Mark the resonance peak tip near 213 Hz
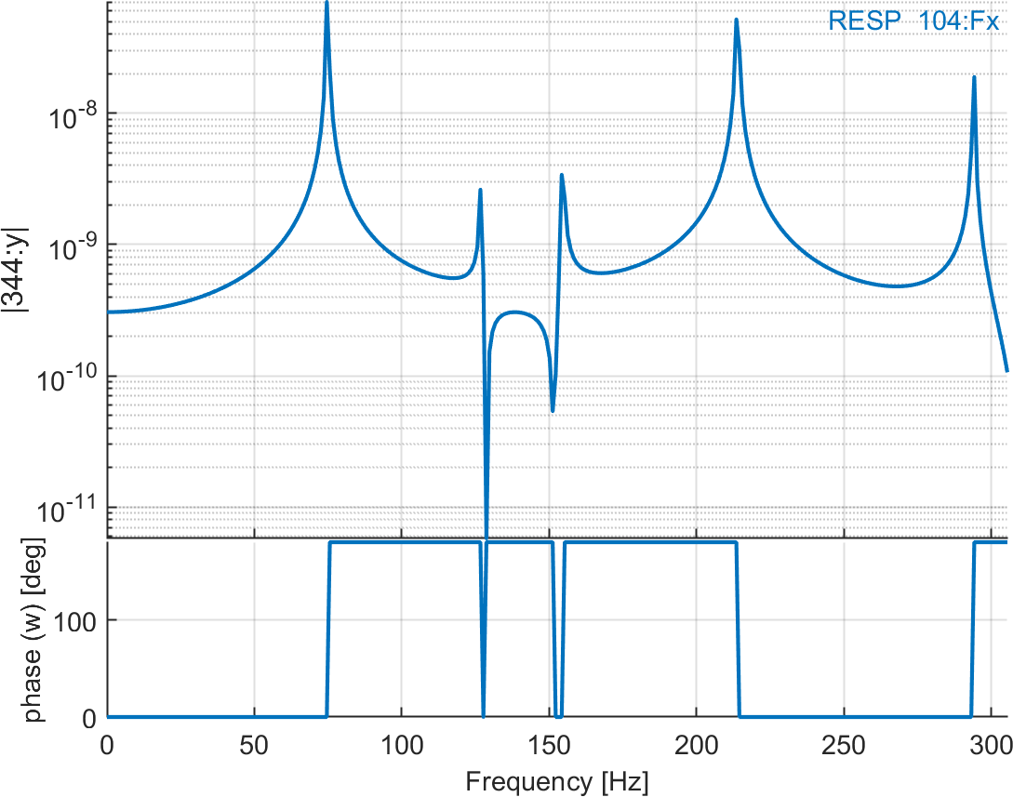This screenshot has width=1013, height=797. [736, 20]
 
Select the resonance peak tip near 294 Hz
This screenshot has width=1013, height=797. [974, 77]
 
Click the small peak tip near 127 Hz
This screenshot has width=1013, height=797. [480, 190]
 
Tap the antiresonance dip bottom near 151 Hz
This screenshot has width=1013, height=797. [553, 411]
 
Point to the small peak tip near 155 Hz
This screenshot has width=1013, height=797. [562, 175]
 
